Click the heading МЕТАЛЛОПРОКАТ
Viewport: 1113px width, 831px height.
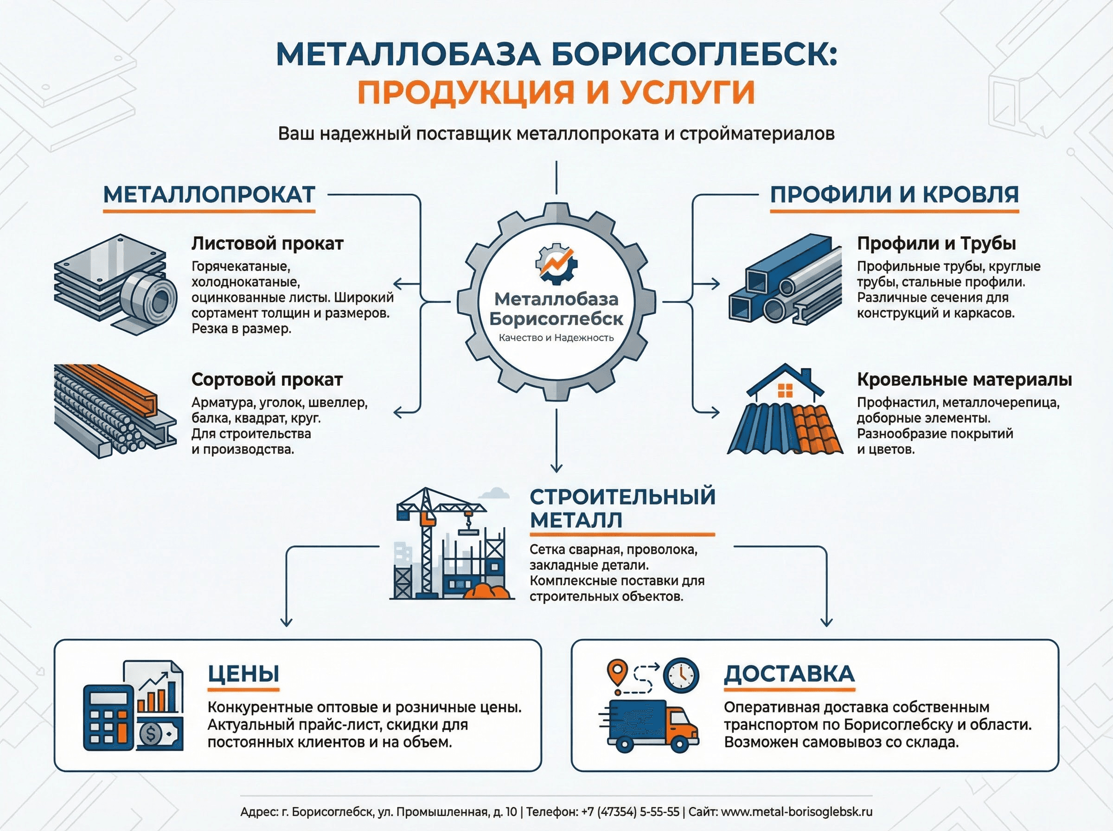tap(209, 195)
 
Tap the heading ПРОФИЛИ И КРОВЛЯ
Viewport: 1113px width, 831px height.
tap(894, 195)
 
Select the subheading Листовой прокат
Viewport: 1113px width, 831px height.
tap(267, 243)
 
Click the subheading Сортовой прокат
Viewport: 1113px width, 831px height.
tap(267, 379)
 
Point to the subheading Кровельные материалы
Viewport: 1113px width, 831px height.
tap(964, 379)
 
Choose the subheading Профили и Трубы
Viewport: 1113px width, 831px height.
tap(936, 243)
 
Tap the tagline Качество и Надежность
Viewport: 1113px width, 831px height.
tap(556, 338)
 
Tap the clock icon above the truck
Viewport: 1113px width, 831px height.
tap(681, 675)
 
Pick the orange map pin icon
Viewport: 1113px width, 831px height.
tap(618, 672)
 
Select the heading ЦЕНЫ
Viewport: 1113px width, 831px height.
tap(243, 674)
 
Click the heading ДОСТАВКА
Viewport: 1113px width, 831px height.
tap(789, 674)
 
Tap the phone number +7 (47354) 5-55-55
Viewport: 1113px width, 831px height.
tap(630, 812)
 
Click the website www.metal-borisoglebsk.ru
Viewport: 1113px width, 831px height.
tap(797, 812)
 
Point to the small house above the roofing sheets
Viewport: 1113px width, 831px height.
tap(785, 385)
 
